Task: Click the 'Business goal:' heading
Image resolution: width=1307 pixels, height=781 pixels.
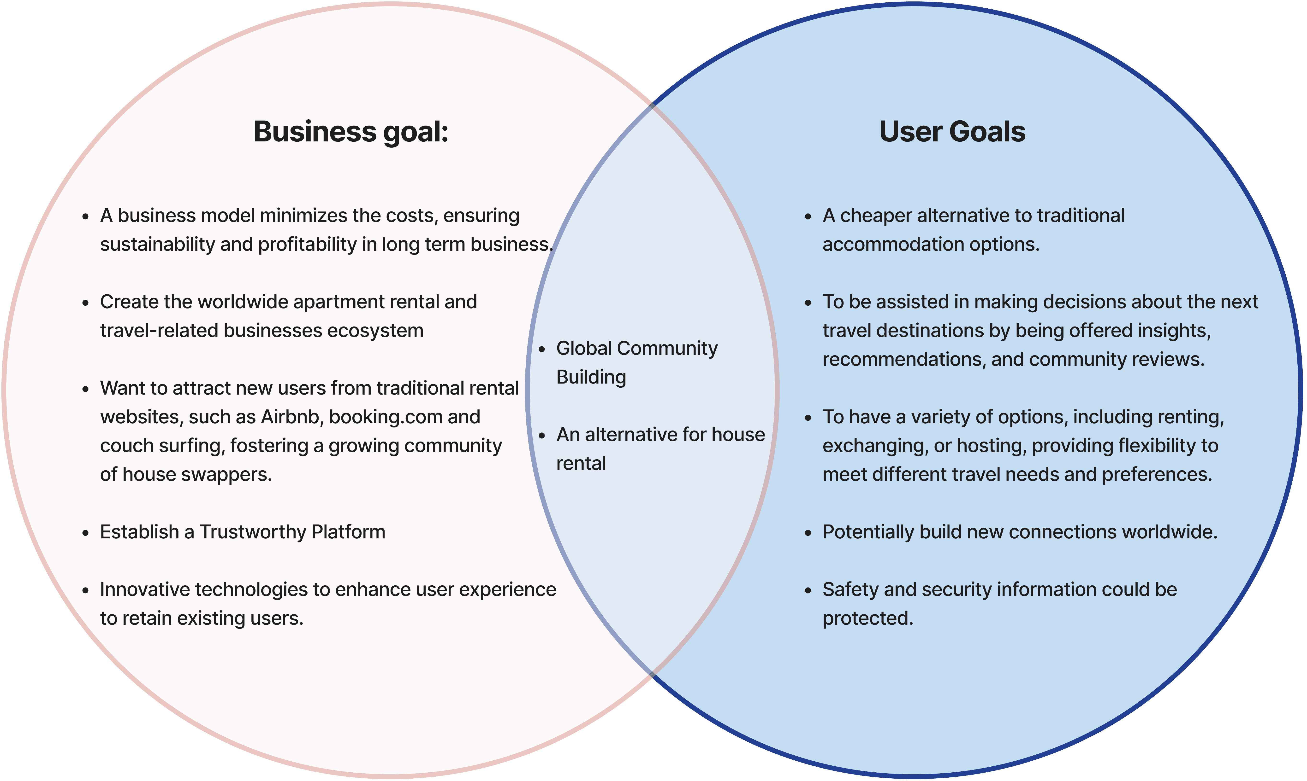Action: pos(351,132)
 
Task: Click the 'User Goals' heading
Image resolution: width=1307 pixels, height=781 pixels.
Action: pos(952,132)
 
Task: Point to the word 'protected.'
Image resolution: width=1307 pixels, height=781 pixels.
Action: pos(867,618)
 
